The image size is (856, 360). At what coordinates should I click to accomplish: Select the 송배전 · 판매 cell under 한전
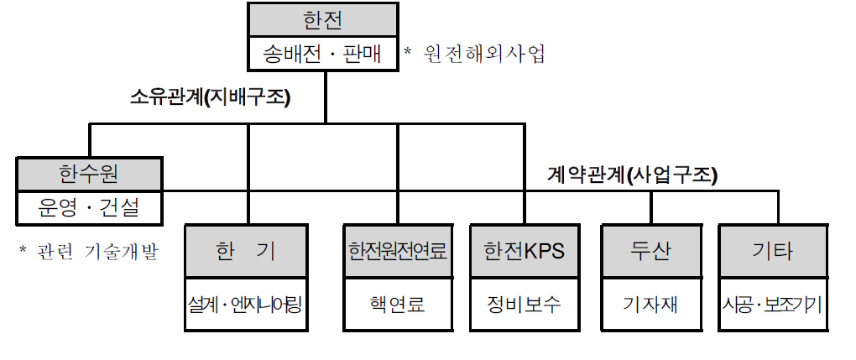(323, 55)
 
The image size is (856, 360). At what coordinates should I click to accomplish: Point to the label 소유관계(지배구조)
(210, 97)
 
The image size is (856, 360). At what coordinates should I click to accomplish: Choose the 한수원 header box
(91, 175)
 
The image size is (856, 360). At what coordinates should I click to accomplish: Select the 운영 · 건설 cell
(91, 208)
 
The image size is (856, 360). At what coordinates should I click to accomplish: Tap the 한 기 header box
(248, 251)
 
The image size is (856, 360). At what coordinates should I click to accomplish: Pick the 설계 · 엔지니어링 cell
(248, 305)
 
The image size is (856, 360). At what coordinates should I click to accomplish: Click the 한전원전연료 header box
(399, 251)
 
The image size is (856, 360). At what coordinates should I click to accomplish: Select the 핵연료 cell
(399, 305)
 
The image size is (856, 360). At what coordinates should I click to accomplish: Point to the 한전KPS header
(525, 251)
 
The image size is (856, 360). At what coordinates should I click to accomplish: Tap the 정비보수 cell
(525, 305)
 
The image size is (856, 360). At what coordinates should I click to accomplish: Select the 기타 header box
(772, 251)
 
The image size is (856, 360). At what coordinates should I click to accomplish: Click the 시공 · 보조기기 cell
(772, 305)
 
